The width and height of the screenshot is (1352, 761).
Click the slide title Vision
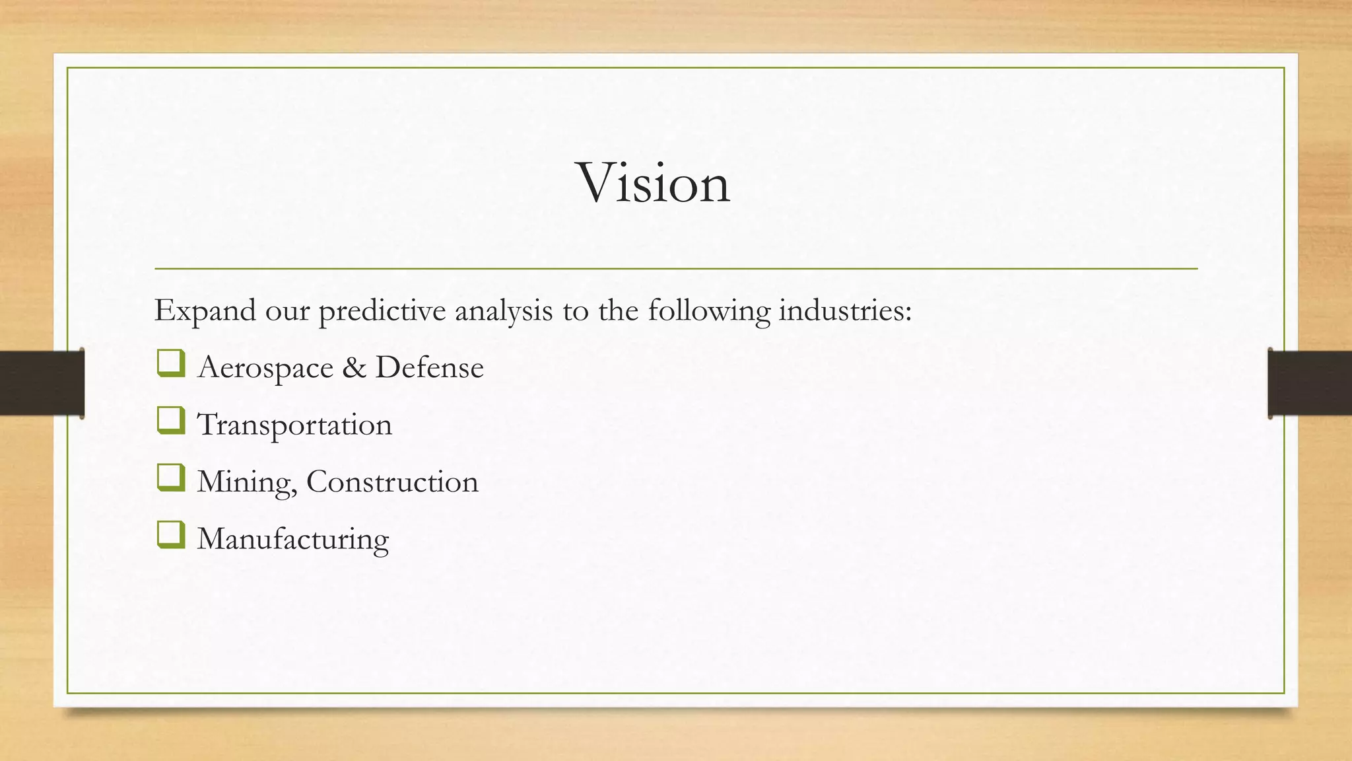click(x=654, y=182)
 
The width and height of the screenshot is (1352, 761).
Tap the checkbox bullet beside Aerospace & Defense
click(x=171, y=364)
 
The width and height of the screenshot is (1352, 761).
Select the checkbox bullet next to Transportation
click(x=171, y=421)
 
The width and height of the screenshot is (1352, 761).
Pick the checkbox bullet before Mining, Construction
click(x=171, y=478)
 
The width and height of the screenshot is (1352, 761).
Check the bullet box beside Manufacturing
click(x=171, y=535)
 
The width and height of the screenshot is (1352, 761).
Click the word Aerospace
click(x=265, y=368)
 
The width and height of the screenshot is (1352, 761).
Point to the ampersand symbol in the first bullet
click(x=354, y=367)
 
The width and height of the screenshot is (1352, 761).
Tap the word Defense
click(x=429, y=367)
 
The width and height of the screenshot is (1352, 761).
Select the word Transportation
click(x=294, y=425)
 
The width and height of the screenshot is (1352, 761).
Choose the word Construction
click(x=392, y=482)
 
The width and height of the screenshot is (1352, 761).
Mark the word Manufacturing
click(x=293, y=539)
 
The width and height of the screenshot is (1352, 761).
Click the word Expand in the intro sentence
click(x=205, y=311)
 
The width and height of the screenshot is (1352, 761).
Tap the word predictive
click(x=382, y=311)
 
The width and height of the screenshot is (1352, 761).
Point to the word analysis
click(x=503, y=311)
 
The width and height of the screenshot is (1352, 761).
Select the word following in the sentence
click(x=708, y=311)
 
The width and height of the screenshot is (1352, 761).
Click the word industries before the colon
click(x=840, y=310)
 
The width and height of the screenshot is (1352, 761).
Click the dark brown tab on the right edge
click(x=1310, y=383)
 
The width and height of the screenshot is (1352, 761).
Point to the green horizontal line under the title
click(x=676, y=269)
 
